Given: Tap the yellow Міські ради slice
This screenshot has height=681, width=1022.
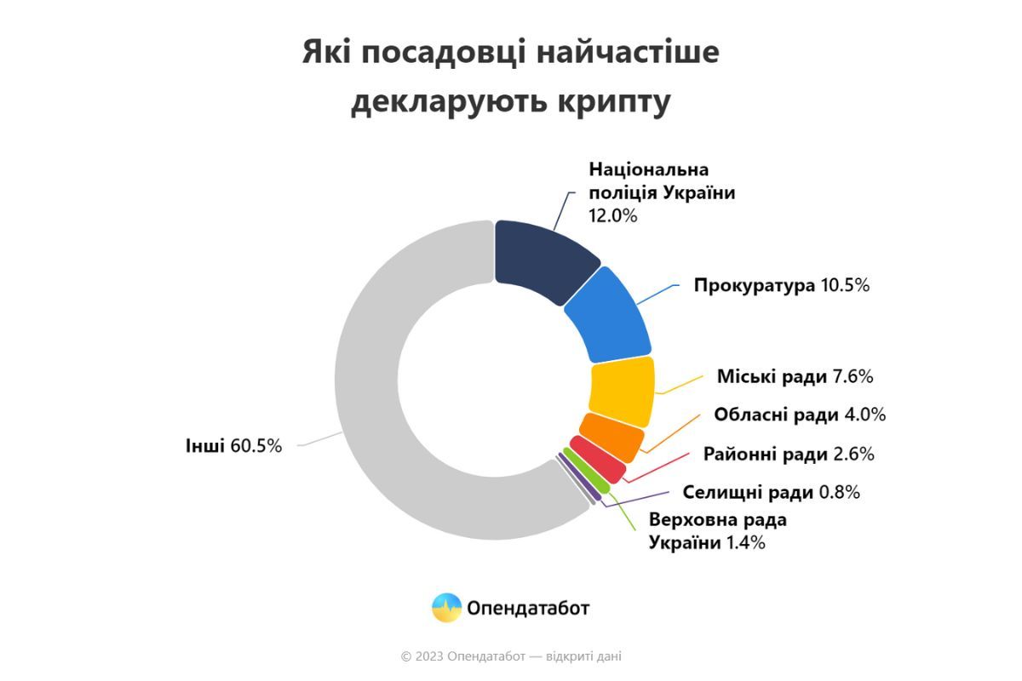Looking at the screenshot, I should coord(623,391).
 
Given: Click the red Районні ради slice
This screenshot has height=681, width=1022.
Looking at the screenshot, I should coord(598,459).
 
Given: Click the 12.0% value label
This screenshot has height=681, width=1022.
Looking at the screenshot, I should coord(612,215).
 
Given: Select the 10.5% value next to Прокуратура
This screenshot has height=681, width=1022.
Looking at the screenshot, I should coord(845,285).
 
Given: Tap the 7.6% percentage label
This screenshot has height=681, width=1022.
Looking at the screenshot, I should coord(853,376).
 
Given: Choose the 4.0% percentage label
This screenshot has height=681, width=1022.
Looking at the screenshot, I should coord(864,415).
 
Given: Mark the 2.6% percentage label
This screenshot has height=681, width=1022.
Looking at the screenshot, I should coord(853,454).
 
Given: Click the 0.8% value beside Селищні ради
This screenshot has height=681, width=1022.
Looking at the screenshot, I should coord(840,492).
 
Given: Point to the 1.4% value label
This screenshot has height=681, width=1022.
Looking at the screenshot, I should coord(745,542).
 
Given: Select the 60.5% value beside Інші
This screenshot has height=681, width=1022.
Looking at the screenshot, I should coord(255,445).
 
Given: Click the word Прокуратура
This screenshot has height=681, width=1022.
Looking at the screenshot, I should coord(755,285).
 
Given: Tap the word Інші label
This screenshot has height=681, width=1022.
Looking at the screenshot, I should coord(205,445).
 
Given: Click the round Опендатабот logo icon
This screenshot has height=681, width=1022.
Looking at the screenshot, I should coord(447,608).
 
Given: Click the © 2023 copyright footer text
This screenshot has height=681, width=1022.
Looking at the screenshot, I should coord(511,656).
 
